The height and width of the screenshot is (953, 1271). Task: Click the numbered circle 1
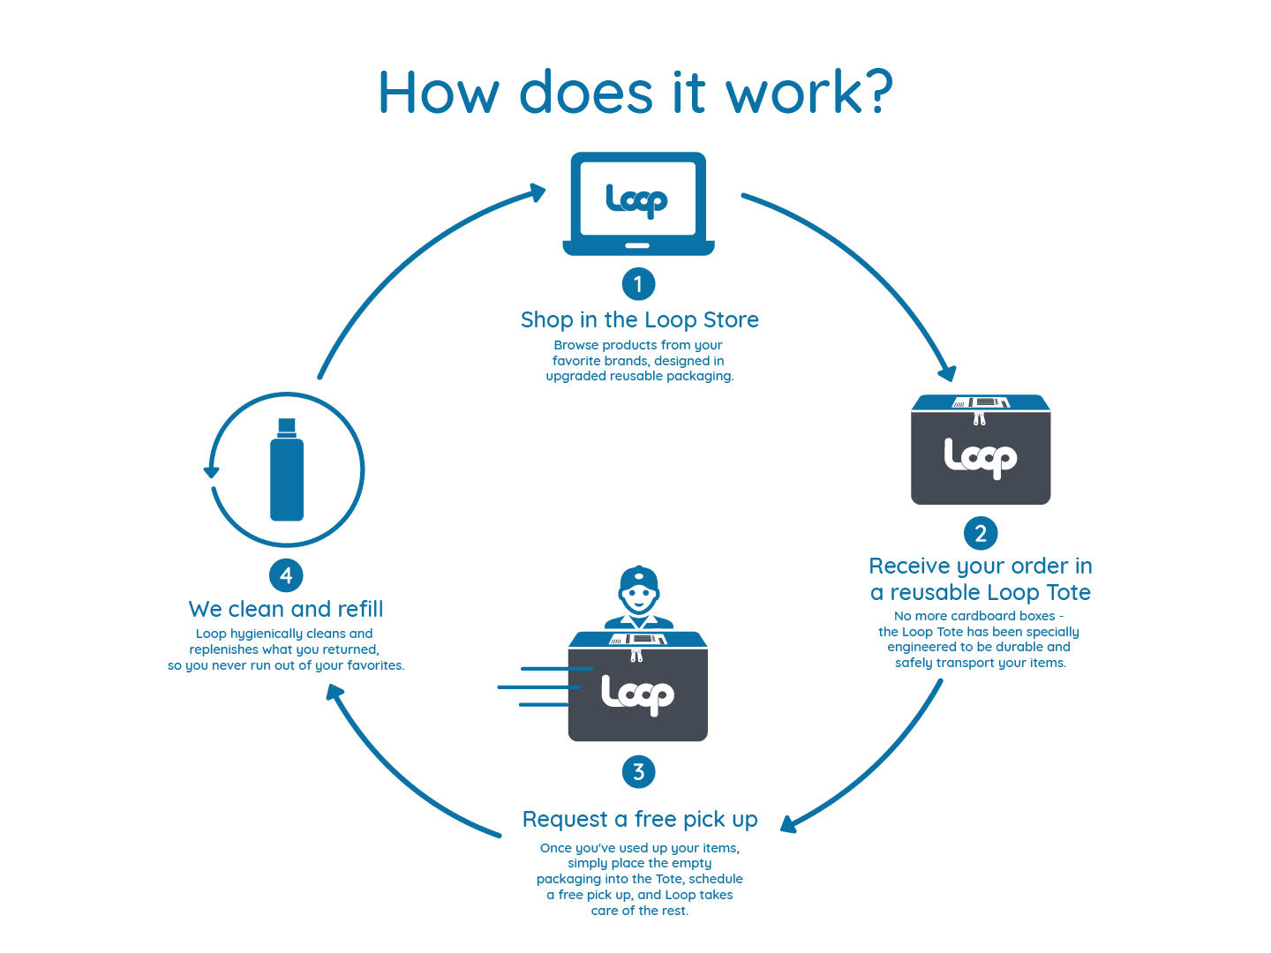[x=638, y=284]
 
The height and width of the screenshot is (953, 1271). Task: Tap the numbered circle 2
[x=980, y=533]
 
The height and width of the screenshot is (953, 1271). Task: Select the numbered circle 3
[x=638, y=772]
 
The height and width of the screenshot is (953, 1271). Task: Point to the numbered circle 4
[x=286, y=575]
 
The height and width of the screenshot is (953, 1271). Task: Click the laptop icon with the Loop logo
[x=638, y=203]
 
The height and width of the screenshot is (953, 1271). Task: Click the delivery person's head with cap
[x=639, y=590]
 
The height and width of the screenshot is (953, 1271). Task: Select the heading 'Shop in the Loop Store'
[x=639, y=319]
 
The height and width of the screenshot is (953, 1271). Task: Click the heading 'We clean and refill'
[x=286, y=609]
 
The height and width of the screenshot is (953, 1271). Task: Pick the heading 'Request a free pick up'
[x=640, y=819]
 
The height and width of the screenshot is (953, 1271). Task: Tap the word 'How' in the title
[x=438, y=92]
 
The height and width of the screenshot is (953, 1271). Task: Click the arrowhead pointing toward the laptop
[x=537, y=191]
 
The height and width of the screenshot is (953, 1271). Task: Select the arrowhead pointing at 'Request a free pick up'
[x=788, y=824]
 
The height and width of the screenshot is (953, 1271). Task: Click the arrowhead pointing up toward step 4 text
[x=334, y=693]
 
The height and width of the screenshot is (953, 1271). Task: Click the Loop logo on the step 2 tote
[x=980, y=457]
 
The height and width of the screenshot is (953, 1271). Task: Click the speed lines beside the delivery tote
[x=538, y=687]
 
